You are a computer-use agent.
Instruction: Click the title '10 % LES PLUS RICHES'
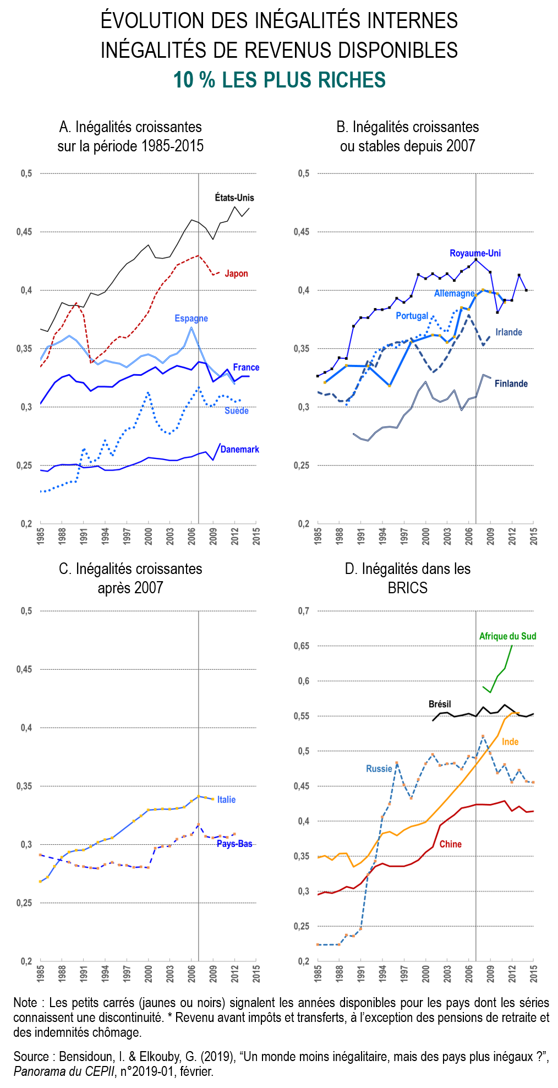coord(279,80)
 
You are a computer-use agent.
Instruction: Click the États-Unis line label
coord(234,198)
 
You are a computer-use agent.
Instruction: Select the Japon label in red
coord(236,274)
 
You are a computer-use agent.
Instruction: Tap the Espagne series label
coord(191,318)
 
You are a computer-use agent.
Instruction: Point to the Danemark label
coord(239,449)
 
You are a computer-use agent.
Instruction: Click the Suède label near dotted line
coord(237,411)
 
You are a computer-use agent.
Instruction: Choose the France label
coord(246,367)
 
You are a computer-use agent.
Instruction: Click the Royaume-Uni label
coord(475,253)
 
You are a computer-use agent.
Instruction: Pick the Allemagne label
coord(454,293)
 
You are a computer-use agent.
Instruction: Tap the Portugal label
coord(412,316)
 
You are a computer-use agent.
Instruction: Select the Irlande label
coord(508,332)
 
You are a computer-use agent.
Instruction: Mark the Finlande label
coord(511,384)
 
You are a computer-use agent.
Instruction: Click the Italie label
coord(226,800)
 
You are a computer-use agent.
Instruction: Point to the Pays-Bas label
coord(234,844)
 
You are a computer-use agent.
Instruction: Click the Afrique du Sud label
coord(507,636)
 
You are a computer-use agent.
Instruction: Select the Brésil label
coord(440,704)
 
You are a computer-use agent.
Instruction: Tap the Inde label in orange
coord(510,742)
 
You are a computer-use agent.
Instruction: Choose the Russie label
coord(379,769)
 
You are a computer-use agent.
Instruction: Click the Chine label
coord(450,844)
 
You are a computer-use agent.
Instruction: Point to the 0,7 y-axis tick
coord(304,611)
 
